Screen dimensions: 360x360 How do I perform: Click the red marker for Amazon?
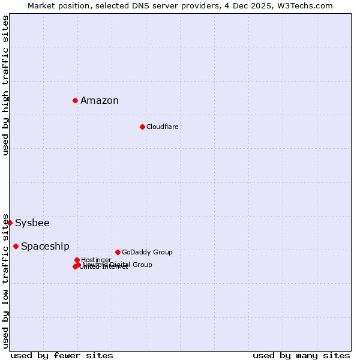coord(75,100)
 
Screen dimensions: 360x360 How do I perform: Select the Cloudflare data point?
coord(142,127)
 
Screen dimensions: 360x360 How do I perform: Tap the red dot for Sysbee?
coord(10,223)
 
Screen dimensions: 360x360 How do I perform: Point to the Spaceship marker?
coord(16,246)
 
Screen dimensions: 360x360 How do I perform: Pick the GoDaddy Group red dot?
coord(118,252)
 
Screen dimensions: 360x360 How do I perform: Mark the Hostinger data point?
coord(77,260)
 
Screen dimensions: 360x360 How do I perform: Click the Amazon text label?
coord(100,100)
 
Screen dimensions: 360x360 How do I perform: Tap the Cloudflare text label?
coord(162,127)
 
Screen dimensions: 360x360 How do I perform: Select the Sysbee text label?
coord(32,223)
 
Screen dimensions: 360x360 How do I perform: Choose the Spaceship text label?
coord(45,246)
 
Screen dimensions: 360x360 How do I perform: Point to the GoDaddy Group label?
coord(147,252)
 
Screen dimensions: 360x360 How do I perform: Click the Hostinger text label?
coord(96,260)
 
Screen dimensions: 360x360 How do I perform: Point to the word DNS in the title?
coord(137,5)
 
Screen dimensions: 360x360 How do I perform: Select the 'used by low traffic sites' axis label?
coord(5,281)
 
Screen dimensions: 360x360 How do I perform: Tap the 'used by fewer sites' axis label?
coord(62,355)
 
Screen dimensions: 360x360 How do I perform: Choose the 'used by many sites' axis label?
coord(301,355)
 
